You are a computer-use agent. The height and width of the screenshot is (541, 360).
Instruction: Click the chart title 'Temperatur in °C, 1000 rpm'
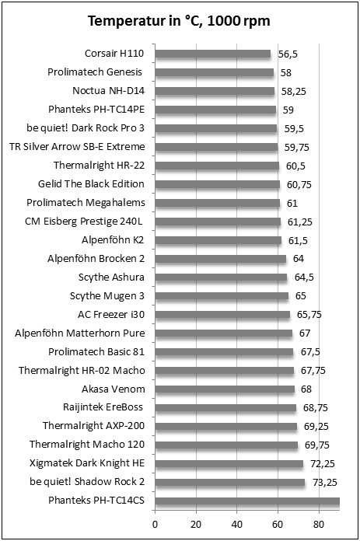point(179,21)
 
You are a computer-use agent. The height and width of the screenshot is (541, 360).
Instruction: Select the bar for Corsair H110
point(212,54)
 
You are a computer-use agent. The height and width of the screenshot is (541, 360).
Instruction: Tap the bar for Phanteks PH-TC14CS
point(247,501)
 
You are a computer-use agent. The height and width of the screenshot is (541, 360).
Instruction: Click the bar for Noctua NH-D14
point(215,91)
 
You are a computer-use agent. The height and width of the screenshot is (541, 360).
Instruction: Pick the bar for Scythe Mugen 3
point(222,296)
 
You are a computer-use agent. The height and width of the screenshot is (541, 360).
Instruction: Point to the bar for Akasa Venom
point(225,389)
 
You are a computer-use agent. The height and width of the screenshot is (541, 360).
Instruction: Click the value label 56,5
point(288,54)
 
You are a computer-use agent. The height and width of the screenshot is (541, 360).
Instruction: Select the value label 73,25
point(325,483)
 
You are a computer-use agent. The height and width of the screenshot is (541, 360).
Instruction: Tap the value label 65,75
point(309,315)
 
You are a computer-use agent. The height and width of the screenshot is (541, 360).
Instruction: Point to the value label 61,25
point(299,222)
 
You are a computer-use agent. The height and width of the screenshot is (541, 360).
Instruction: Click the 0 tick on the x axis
point(155,524)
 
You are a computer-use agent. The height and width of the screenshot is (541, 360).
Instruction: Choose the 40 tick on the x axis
point(237,524)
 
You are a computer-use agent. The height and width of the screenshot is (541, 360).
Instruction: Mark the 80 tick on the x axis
point(319,524)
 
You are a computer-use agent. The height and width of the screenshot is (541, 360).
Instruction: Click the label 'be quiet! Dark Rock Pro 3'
point(86,128)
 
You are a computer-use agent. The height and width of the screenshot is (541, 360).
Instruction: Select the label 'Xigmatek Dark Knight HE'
point(87,463)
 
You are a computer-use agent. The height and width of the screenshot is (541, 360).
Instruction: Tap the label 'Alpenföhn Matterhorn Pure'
point(80,333)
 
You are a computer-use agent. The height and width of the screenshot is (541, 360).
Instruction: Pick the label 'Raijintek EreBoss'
point(103,407)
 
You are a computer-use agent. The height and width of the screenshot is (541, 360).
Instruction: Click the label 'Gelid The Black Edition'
point(91,183)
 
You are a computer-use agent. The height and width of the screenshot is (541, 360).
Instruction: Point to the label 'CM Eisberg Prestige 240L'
point(83,222)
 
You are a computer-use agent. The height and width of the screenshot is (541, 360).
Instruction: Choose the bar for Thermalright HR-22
point(217,166)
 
